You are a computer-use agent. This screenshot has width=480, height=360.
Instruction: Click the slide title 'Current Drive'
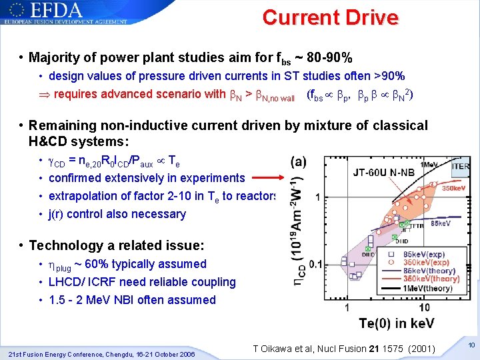tap(330, 17)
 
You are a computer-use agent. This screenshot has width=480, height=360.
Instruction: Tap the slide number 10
tap(470, 345)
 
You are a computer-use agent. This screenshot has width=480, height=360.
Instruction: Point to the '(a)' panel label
tap(299, 162)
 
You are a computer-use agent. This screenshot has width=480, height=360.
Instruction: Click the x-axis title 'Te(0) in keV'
tap(397, 323)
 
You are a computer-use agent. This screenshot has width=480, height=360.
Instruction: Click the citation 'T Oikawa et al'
tap(288, 349)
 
